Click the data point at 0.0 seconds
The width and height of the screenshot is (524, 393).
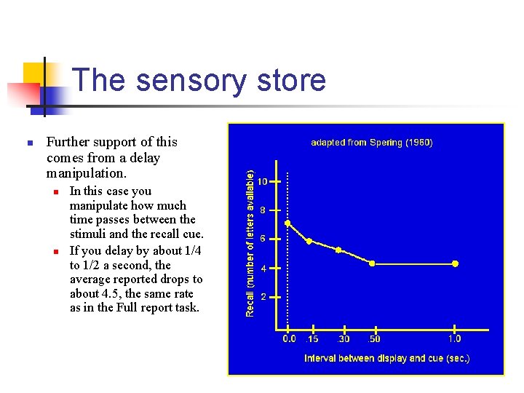point(288,223)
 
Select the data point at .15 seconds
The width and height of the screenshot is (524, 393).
point(309,241)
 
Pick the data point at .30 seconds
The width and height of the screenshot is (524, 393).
point(338,250)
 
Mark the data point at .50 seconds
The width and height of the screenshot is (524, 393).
point(373,263)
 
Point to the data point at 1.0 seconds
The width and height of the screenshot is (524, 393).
point(456,263)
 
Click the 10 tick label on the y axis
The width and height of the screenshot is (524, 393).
point(263,181)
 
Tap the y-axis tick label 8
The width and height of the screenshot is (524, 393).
point(263,210)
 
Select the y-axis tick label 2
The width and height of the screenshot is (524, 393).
point(263,296)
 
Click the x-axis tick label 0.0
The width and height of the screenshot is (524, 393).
point(289,338)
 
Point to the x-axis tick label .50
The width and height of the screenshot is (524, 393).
point(373,338)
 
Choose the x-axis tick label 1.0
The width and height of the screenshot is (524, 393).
point(454,338)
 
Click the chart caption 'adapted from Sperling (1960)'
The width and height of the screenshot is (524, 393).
point(372,143)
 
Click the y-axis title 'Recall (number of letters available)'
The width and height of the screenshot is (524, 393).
point(250,243)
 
